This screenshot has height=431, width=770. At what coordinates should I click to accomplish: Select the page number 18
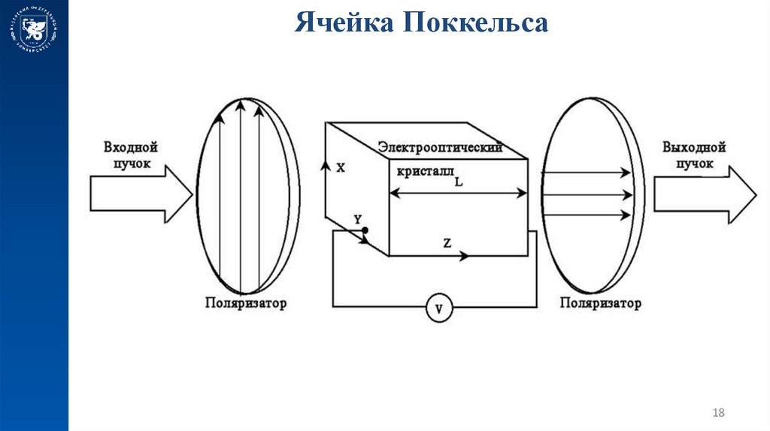tap(717, 412)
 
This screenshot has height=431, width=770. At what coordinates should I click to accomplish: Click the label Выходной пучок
tap(694, 155)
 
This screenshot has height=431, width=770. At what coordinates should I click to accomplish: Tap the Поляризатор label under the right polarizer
tap(600, 304)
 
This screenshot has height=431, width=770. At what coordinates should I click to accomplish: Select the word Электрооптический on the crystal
tap(440, 146)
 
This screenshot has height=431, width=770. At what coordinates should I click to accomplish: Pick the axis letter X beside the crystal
tap(341, 169)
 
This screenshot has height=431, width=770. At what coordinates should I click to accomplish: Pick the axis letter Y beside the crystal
tap(357, 219)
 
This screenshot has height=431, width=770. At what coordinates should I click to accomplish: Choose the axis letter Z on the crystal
tap(447, 243)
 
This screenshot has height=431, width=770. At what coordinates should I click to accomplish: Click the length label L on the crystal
tap(459, 180)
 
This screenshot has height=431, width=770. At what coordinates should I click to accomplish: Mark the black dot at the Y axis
tap(365, 230)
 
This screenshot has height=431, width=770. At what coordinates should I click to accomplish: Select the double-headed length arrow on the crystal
tap(458, 193)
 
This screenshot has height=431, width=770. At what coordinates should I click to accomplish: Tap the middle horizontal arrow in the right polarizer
tap(587, 194)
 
